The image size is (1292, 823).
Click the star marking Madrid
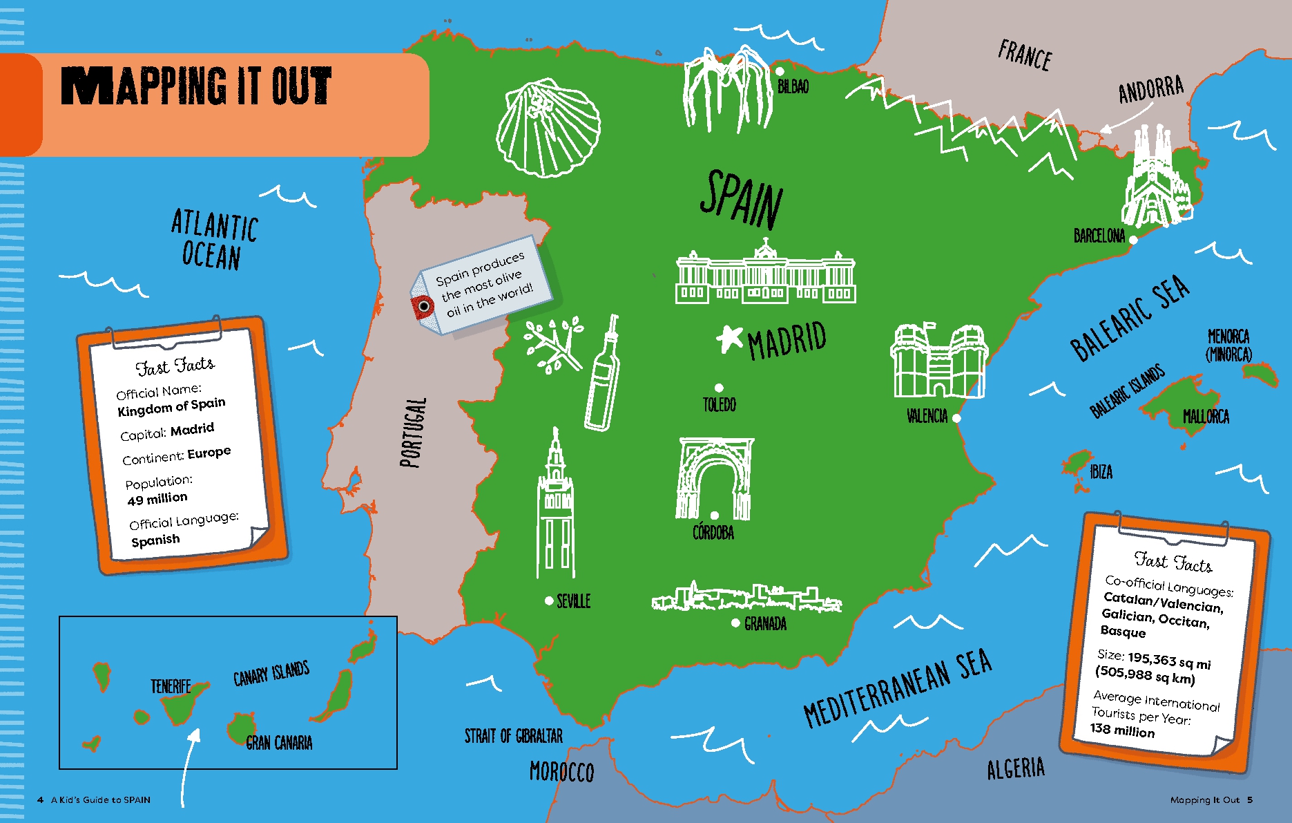729,338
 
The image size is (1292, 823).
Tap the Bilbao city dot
780,71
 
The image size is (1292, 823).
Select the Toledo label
719,405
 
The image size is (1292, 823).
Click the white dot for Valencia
956,418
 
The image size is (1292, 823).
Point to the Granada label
765,624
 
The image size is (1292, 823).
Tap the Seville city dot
549,600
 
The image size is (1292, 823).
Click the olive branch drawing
552,345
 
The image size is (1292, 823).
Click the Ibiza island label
1101,473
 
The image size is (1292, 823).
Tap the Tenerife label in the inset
171,686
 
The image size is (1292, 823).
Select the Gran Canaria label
279,743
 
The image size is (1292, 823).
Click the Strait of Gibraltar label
513,736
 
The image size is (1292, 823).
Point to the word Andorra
1150,89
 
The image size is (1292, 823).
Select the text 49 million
157,499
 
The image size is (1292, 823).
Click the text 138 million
1122,730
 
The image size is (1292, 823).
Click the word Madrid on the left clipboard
192,430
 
